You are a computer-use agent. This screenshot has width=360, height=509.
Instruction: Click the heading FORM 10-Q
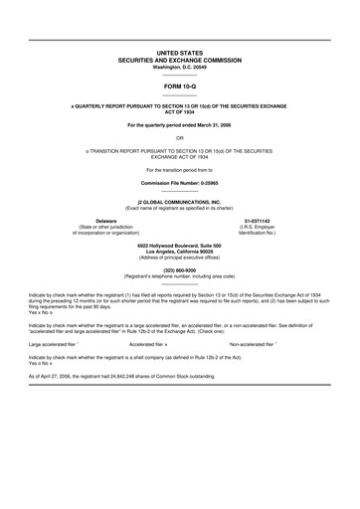[x=180, y=86]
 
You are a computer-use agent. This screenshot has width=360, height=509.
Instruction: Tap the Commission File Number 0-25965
[x=180, y=184]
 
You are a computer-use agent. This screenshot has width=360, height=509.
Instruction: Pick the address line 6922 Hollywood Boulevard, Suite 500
[x=180, y=245]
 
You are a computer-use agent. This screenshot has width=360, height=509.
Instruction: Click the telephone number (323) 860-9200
[x=180, y=269]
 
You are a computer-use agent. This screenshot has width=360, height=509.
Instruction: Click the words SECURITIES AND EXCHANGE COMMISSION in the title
[x=180, y=59]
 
